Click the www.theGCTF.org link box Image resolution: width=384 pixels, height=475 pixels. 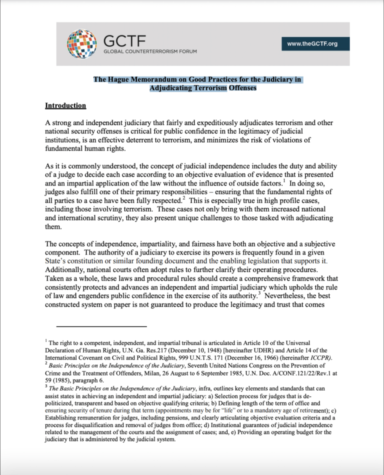[312, 44]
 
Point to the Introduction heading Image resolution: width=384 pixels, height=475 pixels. [65, 105]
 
